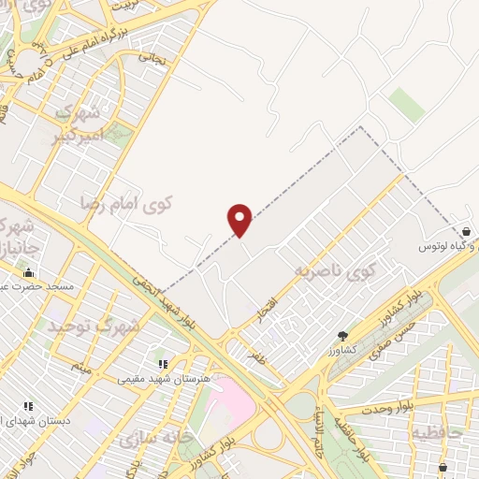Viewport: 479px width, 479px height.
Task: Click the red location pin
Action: click(x=240, y=220)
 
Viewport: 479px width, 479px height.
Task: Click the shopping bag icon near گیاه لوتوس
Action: click(x=466, y=231)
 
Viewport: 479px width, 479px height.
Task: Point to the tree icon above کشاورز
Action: click(x=343, y=337)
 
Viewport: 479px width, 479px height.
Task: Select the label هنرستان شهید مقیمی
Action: click(x=155, y=379)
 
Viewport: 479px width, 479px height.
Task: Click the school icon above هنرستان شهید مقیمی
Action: click(x=162, y=364)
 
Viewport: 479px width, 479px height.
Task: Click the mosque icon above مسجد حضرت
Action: click(x=27, y=272)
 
